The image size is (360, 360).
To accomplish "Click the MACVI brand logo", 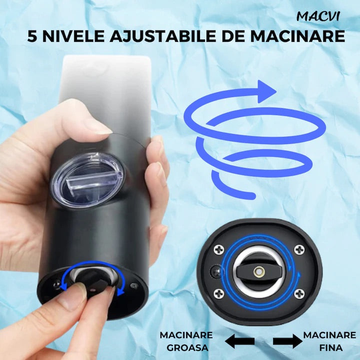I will (318, 16).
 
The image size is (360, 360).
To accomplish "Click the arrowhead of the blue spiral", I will (267, 91).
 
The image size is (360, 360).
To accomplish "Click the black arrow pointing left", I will (239, 341).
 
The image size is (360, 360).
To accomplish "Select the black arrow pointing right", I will (287, 341).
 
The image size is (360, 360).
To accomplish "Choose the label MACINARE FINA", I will (329, 341).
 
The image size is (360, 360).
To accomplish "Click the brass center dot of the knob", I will (259, 270).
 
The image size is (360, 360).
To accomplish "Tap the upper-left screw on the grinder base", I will (218, 248).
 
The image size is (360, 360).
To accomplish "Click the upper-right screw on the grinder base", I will (299, 248).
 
